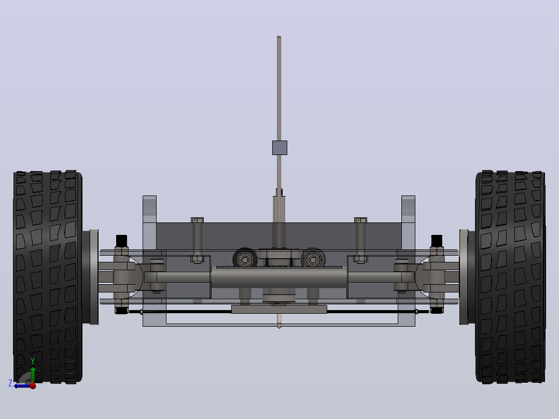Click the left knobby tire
(x=48, y=277)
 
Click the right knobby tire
(x=510, y=277)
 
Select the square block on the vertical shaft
(x=279, y=148)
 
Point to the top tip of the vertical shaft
(x=279, y=36)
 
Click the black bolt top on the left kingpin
(x=121, y=240)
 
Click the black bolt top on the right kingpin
(x=437, y=240)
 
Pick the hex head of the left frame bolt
(x=197, y=220)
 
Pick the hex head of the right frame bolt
(x=360, y=220)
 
